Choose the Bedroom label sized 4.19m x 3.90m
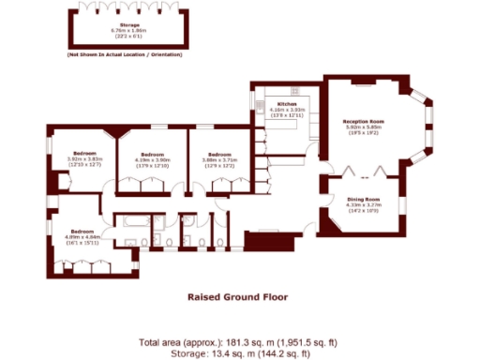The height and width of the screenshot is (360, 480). click(x=153, y=154)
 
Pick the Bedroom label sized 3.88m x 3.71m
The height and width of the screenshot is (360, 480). click(x=219, y=154)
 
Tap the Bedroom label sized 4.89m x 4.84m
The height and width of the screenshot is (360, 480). click(x=82, y=231)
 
